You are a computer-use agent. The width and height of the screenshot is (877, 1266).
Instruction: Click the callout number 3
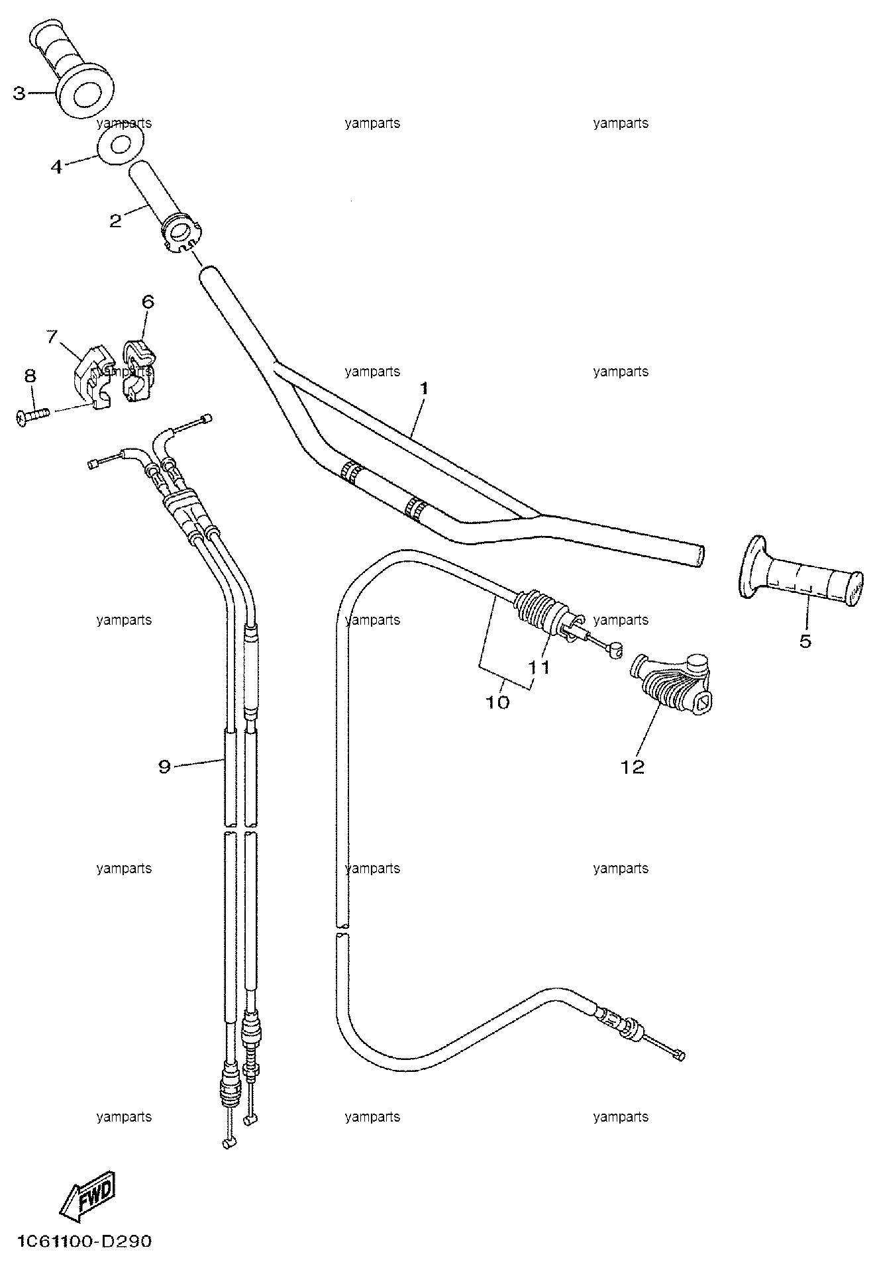pyautogui.click(x=19, y=94)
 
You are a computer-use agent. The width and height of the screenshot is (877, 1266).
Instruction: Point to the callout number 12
pyautogui.click(x=633, y=766)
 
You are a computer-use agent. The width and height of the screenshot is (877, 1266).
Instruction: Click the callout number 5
pyautogui.click(x=805, y=641)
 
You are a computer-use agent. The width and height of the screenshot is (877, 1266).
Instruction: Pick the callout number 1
pyautogui.click(x=424, y=388)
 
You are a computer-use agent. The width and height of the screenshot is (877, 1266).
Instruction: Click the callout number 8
pyautogui.click(x=30, y=376)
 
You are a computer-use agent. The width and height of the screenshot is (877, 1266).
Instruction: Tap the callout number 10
pyautogui.click(x=498, y=702)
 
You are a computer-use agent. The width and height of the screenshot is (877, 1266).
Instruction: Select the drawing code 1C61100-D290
pyautogui.click(x=81, y=1241)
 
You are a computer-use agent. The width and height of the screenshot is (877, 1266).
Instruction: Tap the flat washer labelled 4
pyautogui.click(x=120, y=146)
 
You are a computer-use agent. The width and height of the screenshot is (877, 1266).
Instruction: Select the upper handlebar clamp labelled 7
pyautogui.click(x=93, y=376)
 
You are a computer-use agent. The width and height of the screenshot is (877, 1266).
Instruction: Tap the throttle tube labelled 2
pyautogui.click(x=164, y=206)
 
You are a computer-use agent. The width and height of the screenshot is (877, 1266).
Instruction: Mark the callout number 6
pyautogui.click(x=148, y=302)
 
